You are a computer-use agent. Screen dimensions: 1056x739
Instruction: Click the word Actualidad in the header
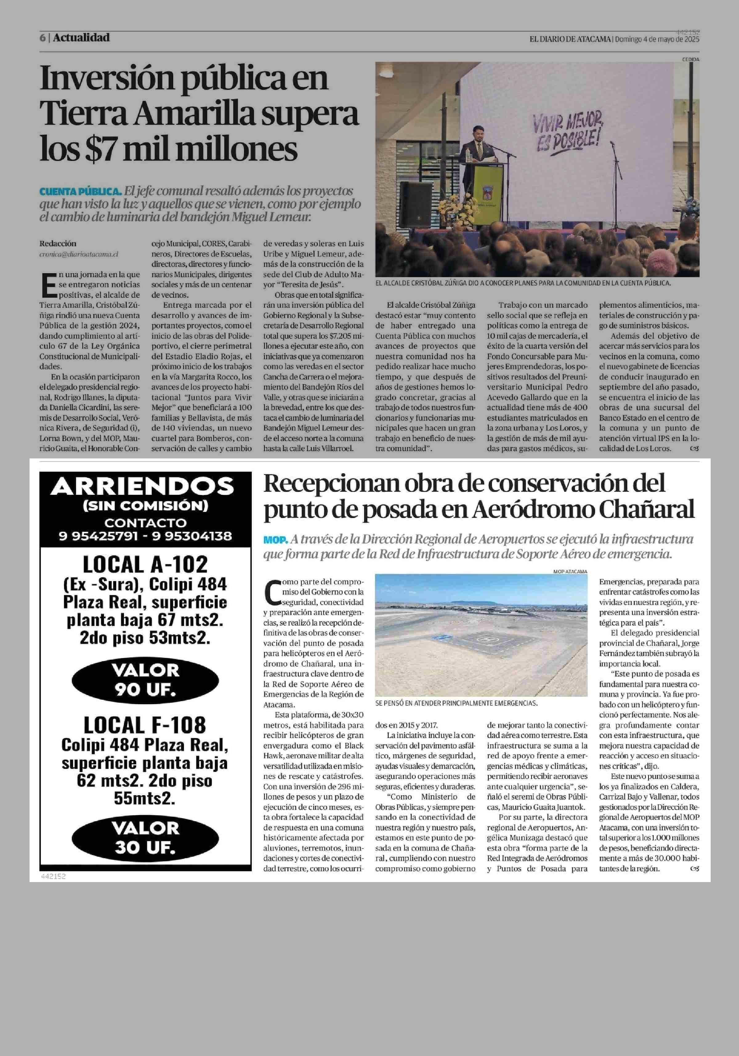pyautogui.click(x=81, y=38)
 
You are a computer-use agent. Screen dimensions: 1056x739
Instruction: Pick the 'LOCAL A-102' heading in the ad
pyautogui.click(x=145, y=564)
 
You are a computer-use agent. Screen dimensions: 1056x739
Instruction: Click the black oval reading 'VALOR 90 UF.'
pyautogui.click(x=145, y=680)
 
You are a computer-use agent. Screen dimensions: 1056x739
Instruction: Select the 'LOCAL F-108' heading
pyautogui.click(x=145, y=725)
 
